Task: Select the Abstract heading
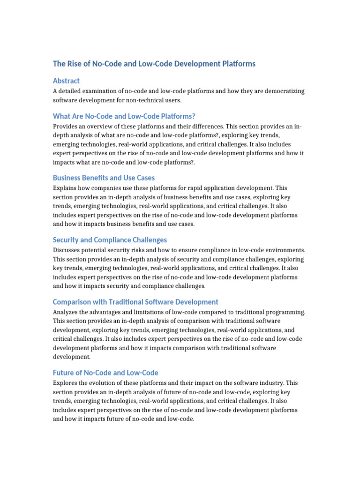coord(66,81)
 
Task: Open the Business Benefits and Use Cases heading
coord(104,178)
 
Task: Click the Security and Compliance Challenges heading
coord(110,240)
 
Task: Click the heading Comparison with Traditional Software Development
coord(135,302)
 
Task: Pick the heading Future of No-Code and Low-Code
coord(105,373)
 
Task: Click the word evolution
coord(103,383)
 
